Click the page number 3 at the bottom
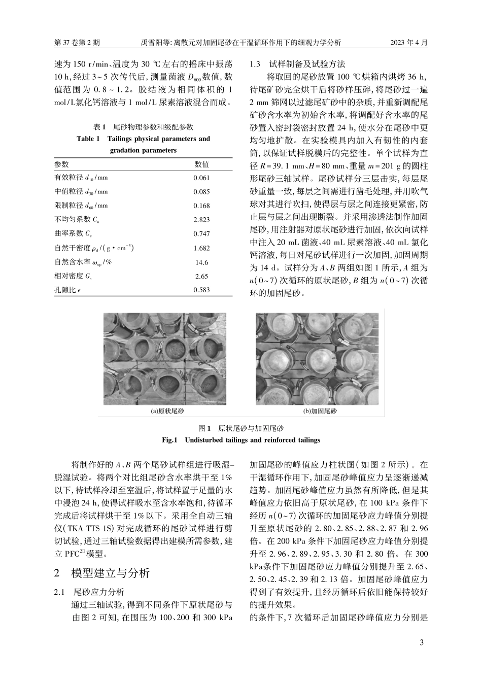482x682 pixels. coord(421,643)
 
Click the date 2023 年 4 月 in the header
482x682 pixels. coord(408,43)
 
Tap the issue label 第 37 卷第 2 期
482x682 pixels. coord(77,43)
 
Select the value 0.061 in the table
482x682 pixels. coord(201,178)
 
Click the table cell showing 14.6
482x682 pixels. coord(201,262)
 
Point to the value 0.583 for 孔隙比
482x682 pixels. coord(201,290)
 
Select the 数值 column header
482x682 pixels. coord(201,164)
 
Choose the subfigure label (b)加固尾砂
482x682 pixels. coord(320,412)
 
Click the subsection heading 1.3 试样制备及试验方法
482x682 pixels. coord(298,64)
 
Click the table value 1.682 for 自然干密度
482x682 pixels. coord(201,249)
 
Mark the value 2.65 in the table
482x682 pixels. coord(201,277)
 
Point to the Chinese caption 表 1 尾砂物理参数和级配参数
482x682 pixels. coord(143,127)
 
